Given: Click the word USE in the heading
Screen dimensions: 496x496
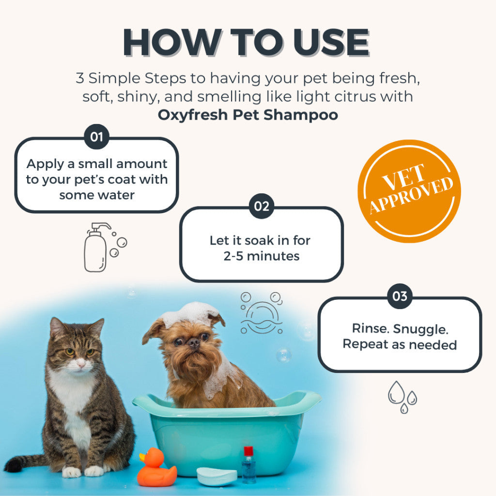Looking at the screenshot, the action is (x=331, y=43).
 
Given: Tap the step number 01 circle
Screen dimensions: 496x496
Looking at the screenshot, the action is (x=97, y=137).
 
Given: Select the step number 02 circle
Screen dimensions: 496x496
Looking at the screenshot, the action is (x=261, y=206).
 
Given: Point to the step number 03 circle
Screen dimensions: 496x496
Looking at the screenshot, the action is (x=400, y=296).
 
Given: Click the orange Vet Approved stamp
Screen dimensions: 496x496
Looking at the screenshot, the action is (x=409, y=191).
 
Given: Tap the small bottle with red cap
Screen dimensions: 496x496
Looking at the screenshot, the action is (x=248, y=465).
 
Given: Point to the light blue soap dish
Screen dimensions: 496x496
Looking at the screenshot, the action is (x=217, y=477).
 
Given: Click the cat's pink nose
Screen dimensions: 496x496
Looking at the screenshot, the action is (x=81, y=364).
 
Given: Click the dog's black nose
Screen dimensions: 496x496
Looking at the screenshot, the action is (x=193, y=343).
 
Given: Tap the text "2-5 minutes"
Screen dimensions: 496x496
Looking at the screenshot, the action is (x=261, y=256).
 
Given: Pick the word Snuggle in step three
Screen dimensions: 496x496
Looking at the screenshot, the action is (x=420, y=329).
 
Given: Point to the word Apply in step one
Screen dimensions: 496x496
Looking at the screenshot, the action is (x=46, y=165).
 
